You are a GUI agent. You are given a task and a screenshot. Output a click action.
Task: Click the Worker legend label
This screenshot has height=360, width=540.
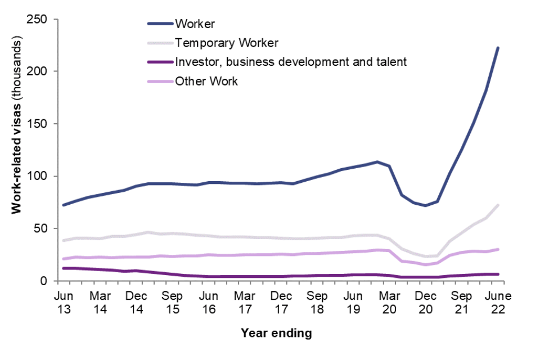pyautogui.click(x=196, y=24)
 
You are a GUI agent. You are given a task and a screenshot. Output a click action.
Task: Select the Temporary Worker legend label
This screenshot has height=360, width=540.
pyautogui.click(x=227, y=43)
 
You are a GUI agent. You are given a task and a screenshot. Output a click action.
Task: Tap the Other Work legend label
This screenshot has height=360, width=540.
pyautogui.click(x=206, y=81)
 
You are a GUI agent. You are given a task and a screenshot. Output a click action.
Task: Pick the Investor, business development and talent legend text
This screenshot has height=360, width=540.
pyautogui.click(x=290, y=62)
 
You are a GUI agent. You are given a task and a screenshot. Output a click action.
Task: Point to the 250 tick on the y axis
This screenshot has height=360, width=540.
pyautogui.click(x=43, y=20)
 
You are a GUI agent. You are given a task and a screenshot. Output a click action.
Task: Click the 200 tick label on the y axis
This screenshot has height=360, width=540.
pyautogui.click(x=43, y=71)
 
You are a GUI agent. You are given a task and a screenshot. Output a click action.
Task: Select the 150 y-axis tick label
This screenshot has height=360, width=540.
pyautogui.click(x=43, y=124)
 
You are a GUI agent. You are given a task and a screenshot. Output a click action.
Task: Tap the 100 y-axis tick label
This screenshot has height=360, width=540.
pyautogui.click(x=43, y=176)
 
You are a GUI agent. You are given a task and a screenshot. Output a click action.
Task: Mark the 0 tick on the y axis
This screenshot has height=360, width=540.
pyautogui.click(x=49, y=281)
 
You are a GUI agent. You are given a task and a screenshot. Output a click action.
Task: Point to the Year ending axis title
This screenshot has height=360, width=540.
pyautogui.click(x=276, y=334)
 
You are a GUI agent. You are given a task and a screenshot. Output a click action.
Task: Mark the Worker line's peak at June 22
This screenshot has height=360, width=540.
pyautogui.click(x=498, y=48)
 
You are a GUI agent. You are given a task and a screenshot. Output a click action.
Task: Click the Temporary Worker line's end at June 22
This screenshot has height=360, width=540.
pyautogui.click(x=498, y=205)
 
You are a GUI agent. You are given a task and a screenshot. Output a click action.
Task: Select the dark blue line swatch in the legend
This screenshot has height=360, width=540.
pyautogui.click(x=160, y=24)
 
